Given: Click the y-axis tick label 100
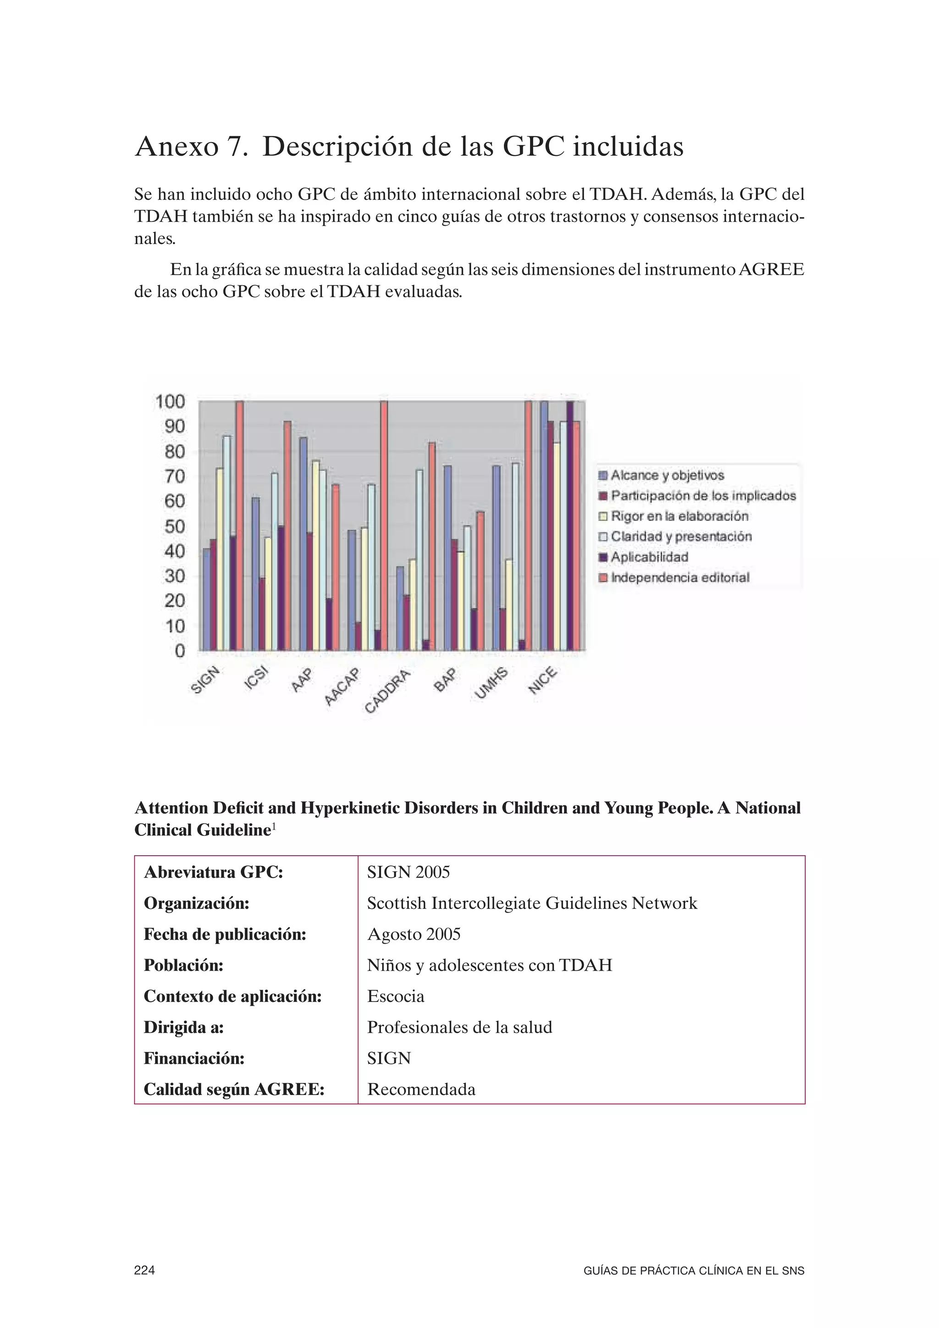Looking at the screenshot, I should [170, 401].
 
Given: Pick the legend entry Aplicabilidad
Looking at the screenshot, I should [649, 557].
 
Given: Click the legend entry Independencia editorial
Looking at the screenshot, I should [679, 577].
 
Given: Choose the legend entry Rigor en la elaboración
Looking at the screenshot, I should [679, 516].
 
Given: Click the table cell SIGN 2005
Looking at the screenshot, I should [408, 872].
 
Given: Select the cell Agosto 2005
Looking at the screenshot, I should [414, 934].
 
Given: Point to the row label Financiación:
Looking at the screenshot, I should [193, 1058].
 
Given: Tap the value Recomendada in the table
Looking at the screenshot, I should [421, 1090].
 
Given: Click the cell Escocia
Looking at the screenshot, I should [396, 996].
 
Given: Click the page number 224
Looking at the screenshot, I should [144, 1270].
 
